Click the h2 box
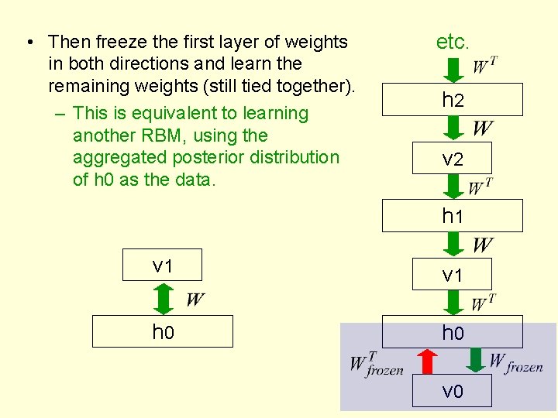pos(452,100)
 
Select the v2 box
pos(452,159)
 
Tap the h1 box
pos(452,216)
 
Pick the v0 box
pos(452,391)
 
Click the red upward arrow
pos(425,361)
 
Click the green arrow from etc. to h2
pos(453,70)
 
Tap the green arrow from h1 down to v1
pos(453,245)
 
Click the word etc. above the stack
pos(453,42)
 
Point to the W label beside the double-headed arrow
pos(195,300)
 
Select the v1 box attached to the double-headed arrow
pos(162,265)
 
